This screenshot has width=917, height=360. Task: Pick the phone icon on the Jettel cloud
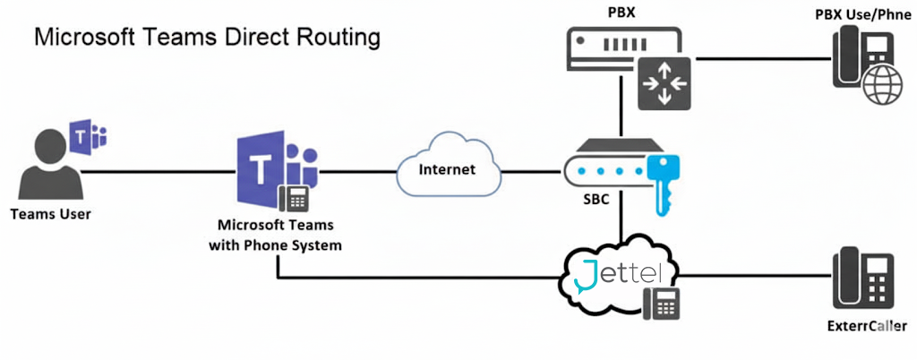(x=664, y=304)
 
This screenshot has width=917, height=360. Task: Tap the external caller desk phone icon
(x=860, y=279)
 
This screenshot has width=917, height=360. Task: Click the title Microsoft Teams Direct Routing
(x=207, y=39)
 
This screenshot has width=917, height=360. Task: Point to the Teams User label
(x=51, y=214)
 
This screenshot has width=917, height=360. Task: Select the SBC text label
(x=590, y=201)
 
